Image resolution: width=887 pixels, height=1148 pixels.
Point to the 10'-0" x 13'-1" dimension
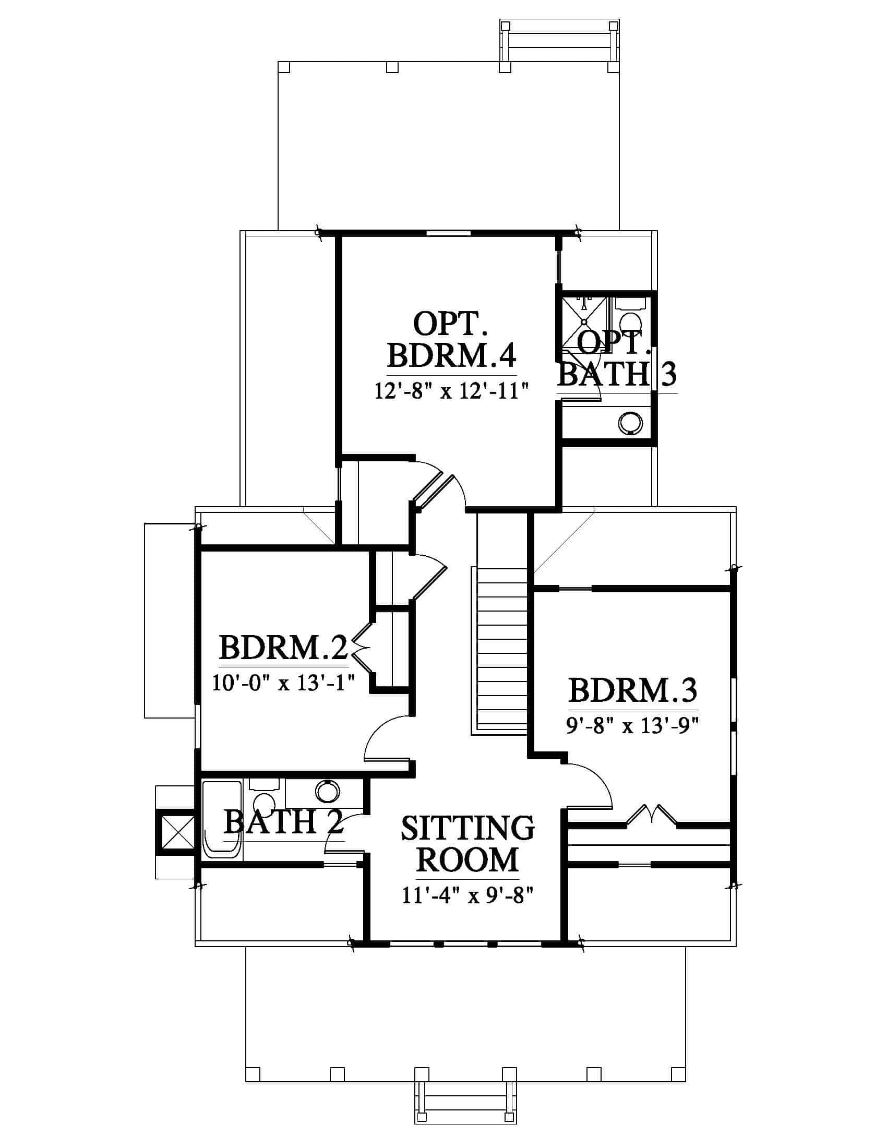point(283,683)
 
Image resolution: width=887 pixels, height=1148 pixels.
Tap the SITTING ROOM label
point(468,844)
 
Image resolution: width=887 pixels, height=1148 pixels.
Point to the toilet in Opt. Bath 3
point(630,315)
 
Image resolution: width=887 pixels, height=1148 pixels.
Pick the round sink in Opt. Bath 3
point(631,422)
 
